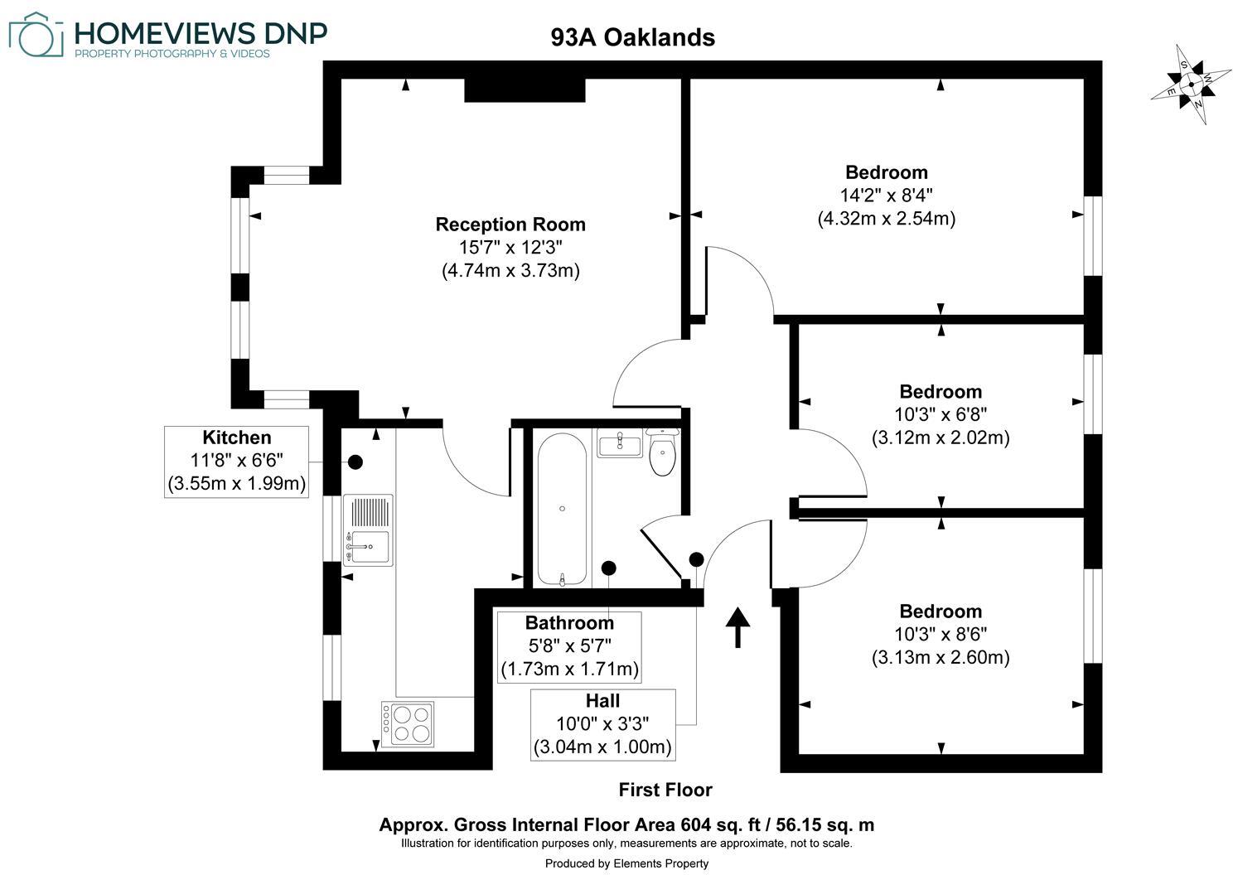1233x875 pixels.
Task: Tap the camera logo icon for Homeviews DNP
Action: pos(36,35)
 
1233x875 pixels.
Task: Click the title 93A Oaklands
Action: pos(632,37)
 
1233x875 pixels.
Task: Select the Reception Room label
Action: pos(510,225)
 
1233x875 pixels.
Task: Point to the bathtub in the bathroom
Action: pos(562,510)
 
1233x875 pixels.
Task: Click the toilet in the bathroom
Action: pos(662,455)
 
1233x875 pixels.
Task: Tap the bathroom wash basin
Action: pos(619,444)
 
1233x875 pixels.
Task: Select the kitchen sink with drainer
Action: pos(367,530)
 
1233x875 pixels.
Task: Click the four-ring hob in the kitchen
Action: pos(408,724)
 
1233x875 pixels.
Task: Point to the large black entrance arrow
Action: pos(737,627)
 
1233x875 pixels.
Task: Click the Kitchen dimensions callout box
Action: pos(237,462)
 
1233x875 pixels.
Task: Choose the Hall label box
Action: pos(602,724)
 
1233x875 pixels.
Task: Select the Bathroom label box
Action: pos(569,646)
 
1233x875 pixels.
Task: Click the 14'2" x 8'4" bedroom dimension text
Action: pos(886,196)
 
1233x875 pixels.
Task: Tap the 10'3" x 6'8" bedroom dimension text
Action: pos(940,414)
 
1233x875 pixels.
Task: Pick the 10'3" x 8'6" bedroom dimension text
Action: pos(940,635)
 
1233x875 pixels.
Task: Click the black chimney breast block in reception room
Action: pos(525,89)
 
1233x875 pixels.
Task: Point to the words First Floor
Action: pos(665,790)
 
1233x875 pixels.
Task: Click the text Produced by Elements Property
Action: pos(626,863)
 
